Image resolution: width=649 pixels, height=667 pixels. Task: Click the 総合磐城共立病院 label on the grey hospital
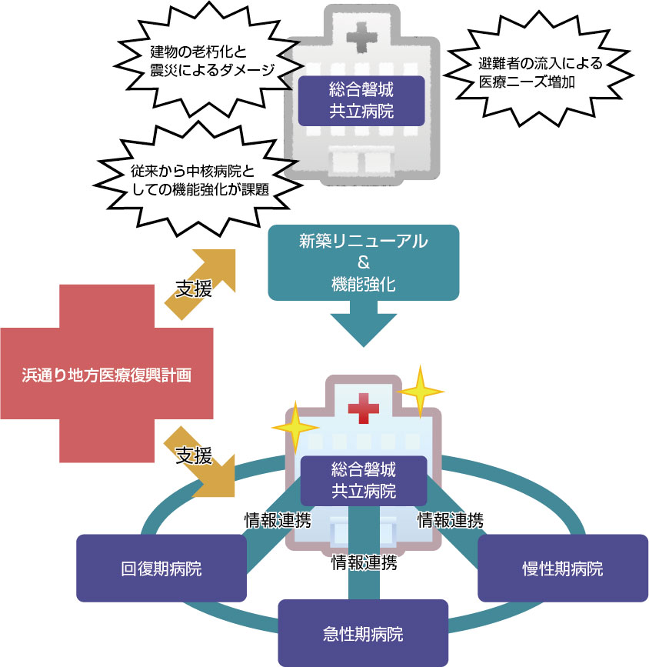(x=361, y=101)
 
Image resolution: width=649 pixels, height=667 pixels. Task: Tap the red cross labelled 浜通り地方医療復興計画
(x=107, y=375)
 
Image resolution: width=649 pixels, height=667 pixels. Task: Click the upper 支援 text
(x=194, y=290)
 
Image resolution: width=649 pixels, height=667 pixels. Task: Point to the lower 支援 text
(x=193, y=456)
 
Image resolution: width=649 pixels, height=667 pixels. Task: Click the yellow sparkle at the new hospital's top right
(x=421, y=390)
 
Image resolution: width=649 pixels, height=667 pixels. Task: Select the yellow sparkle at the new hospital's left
(x=294, y=425)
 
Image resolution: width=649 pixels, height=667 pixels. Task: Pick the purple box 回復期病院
(x=161, y=569)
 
